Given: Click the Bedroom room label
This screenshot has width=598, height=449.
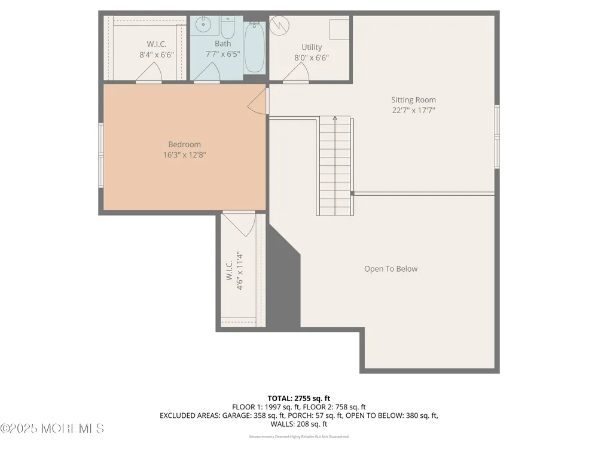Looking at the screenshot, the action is pyautogui.click(x=184, y=144).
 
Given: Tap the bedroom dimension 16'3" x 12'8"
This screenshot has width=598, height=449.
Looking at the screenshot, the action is pyautogui.click(x=185, y=154).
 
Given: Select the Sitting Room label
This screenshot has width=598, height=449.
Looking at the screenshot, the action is pyautogui.click(x=413, y=100).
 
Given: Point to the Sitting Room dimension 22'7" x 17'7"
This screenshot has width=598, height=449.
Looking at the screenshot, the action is pyautogui.click(x=413, y=110).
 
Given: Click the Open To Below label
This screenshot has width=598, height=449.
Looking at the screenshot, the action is pyautogui.click(x=390, y=269).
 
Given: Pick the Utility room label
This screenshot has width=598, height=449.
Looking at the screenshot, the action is pyautogui.click(x=312, y=47).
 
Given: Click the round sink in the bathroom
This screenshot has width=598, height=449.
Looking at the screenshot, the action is pyautogui.click(x=203, y=25).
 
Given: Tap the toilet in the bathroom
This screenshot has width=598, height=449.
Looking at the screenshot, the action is pyautogui.click(x=227, y=27).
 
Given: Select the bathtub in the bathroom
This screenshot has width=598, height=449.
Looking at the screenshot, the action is pyautogui.click(x=254, y=47).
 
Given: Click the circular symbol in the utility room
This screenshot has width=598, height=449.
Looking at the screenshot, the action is pyautogui.click(x=279, y=26).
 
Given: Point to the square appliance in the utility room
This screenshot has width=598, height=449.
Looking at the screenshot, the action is pyautogui.click(x=339, y=29).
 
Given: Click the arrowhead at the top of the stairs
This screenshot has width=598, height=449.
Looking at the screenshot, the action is pyautogui.click(x=335, y=118).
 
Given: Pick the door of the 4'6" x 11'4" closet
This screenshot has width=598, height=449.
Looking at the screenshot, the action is pyautogui.click(x=239, y=224).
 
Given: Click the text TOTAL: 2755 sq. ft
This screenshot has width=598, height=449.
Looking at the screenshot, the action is pyautogui.click(x=299, y=399).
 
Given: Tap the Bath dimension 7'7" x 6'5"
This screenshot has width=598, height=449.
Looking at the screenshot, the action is pyautogui.click(x=222, y=54).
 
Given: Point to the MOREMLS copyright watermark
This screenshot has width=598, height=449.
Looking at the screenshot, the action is pyautogui.click(x=52, y=429).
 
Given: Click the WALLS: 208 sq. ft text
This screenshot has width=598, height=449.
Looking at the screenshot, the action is pyautogui.click(x=299, y=424).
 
